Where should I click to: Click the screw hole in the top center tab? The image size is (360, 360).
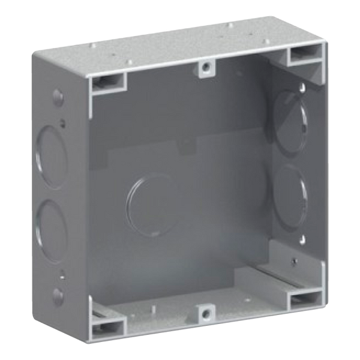click(x=206, y=68)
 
